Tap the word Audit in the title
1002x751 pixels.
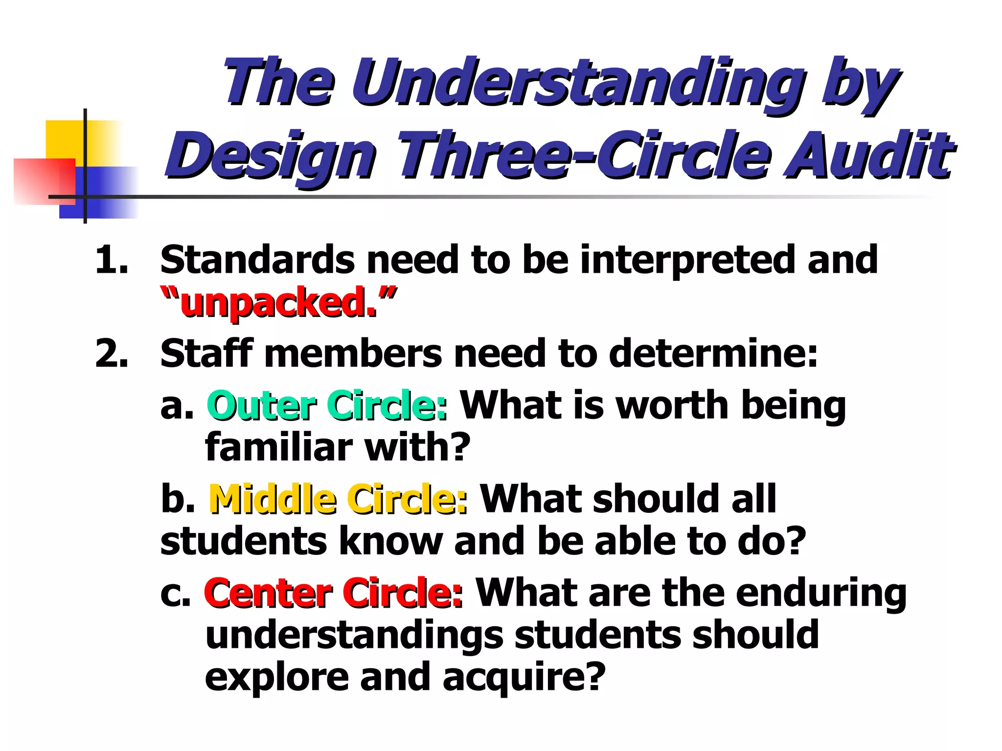[868, 155]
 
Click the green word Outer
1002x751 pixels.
[261, 406]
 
